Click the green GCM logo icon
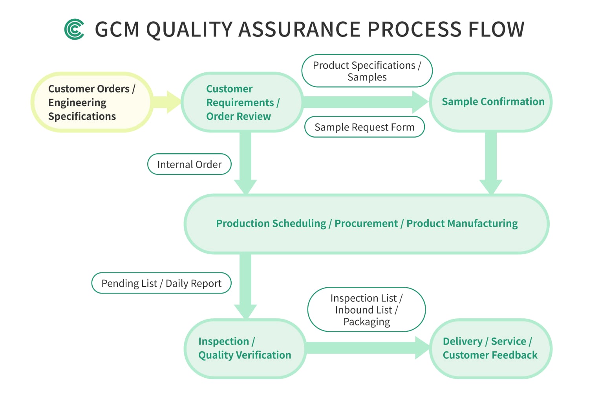tap(74, 29)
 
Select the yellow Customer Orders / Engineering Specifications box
tap(91, 102)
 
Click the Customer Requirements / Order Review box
tap(242, 102)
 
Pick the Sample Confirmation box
tap(491, 102)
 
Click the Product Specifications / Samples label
tap(367, 71)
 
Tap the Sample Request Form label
tap(364, 127)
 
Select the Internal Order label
tap(189, 164)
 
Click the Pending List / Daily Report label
tap(161, 283)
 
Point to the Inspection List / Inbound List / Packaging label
tap(366, 310)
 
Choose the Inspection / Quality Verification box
tap(245, 348)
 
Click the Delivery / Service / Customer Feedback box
tap(490, 348)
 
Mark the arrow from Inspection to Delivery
tap(367, 348)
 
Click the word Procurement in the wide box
tap(366, 223)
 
